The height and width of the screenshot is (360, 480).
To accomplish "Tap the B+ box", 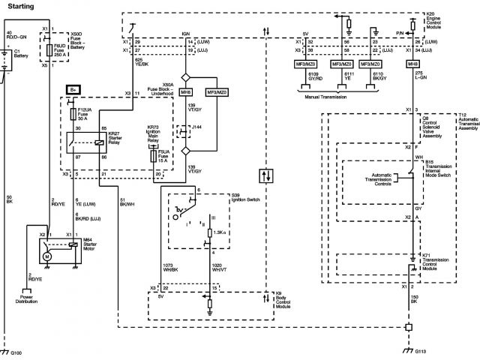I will [73, 90].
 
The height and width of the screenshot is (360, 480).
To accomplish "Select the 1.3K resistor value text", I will [220, 233].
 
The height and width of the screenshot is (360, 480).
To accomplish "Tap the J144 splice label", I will [197, 128].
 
